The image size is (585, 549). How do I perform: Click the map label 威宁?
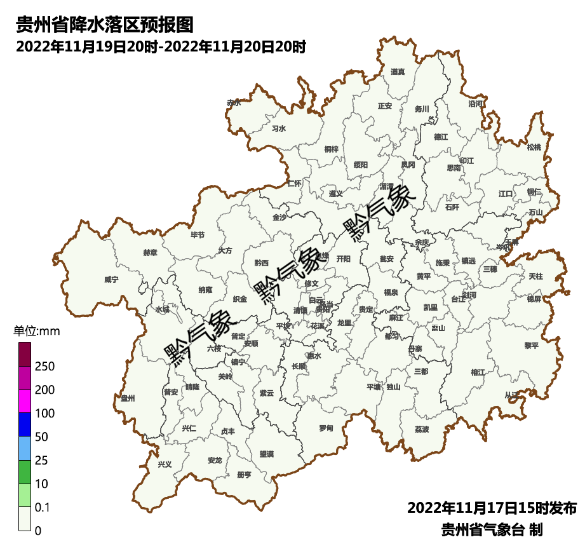pos(111,279)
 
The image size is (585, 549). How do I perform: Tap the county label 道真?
pos(398,72)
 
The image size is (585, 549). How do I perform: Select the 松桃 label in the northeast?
pos(534,147)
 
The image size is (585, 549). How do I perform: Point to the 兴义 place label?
pos(165,464)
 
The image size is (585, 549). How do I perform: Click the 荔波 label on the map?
pos(422,430)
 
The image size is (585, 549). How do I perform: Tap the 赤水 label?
pos(234,102)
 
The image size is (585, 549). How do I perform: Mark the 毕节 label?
pos(198,235)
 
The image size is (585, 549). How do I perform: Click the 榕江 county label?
pos(478,372)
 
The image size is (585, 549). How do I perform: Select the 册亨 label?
pos(244,475)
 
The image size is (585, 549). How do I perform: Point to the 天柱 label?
pos(535,276)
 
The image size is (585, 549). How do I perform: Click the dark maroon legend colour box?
pos(25,354)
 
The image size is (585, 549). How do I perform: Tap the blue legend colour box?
pos(25,424)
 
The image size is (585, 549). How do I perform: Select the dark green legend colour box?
pos(25,471)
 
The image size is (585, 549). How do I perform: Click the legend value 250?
pos(45,367)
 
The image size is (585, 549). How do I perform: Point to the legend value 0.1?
pos(43,508)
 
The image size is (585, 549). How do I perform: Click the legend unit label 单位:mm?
pos(37,331)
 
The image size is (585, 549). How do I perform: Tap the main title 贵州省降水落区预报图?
pos(104,25)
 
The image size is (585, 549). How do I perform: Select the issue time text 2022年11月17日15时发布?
pos(492,508)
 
